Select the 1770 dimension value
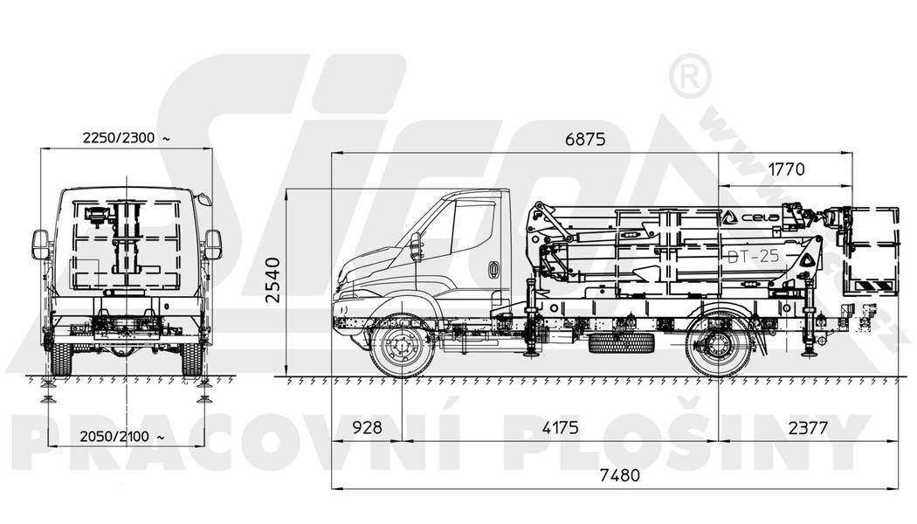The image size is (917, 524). point(786,169)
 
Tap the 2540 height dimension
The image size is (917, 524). point(272,279)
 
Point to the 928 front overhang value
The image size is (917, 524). point(368,428)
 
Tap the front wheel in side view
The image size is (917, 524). point(402,346)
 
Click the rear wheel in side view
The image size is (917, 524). point(719,346)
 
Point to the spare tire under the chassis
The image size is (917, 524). point(622,342)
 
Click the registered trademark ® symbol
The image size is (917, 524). point(689,78)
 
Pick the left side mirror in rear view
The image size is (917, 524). point(40,245)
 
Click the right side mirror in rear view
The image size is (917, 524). point(212,245)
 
